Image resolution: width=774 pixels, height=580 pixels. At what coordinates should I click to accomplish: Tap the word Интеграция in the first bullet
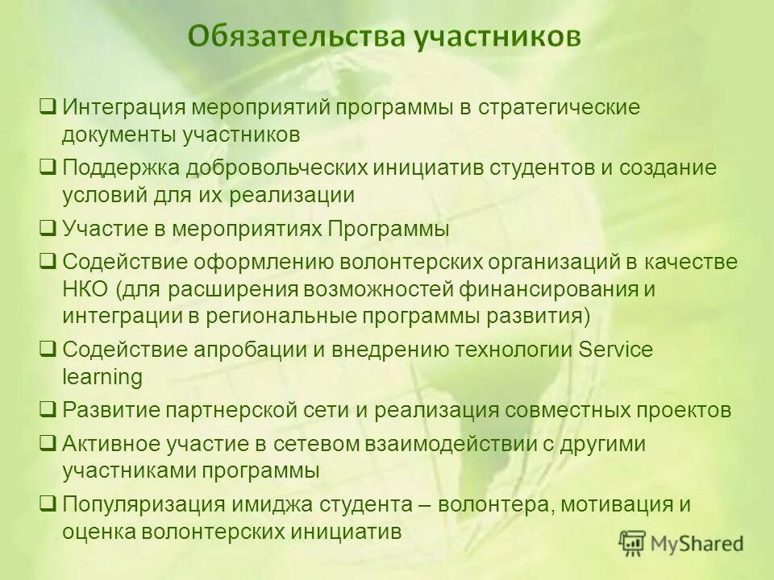click(x=126, y=107)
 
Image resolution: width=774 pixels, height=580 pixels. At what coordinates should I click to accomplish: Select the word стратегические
click(x=560, y=107)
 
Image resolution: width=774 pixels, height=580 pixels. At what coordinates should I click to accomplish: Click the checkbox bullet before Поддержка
click(x=48, y=168)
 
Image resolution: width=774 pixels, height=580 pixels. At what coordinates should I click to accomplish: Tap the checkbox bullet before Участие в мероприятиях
click(x=48, y=229)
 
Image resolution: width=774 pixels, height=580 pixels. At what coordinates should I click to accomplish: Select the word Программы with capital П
click(x=389, y=230)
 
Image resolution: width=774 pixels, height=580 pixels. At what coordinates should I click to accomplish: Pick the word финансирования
click(x=552, y=289)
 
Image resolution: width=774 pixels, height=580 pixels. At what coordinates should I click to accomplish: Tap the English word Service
click(x=617, y=350)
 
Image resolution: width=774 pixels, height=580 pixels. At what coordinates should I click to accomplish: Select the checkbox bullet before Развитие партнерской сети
click(x=48, y=409)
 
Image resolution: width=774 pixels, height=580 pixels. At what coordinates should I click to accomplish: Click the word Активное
click(x=114, y=445)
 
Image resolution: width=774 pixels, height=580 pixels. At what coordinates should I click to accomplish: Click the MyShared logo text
click(x=697, y=544)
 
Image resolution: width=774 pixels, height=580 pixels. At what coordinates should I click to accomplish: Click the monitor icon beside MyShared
click(x=633, y=544)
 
